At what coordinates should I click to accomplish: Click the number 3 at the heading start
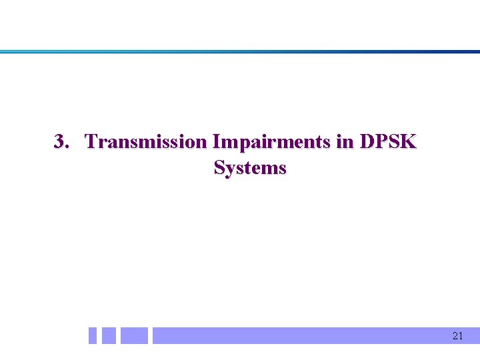[x=59, y=142]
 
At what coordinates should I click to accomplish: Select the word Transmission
[x=146, y=142]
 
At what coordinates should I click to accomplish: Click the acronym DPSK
[x=388, y=142]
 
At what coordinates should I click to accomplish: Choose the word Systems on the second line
[x=250, y=168]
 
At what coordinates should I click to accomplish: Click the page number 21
[x=457, y=336]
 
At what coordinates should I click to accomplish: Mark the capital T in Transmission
[x=92, y=142]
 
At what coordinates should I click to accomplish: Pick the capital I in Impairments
[x=215, y=142]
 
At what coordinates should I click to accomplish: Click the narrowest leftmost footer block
[x=93, y=335]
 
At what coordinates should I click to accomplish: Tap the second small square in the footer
[x=109, y=335]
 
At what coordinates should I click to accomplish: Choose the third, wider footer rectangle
[x=134, y=335]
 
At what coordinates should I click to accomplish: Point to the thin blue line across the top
[x=240, y=51]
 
